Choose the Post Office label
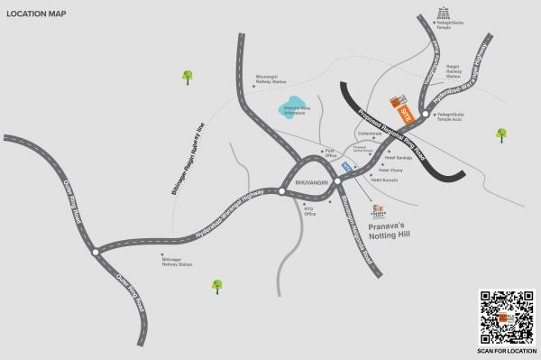click(x=330, y=152)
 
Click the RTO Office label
click(x=309, y=212)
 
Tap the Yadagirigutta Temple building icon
click(x=443, y=14)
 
